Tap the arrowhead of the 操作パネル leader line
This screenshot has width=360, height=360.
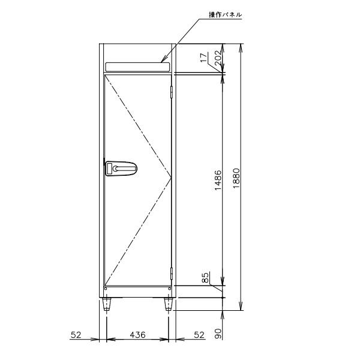[x=163, y=61]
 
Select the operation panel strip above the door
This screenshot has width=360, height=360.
[x=137, y=66]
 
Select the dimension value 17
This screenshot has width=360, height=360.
[x=204, y=58]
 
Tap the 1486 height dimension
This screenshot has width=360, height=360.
[x=218, y=180]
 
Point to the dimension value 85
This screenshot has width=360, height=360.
[x=205, y=278]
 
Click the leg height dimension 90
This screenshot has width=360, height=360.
[x=218, y=333]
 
